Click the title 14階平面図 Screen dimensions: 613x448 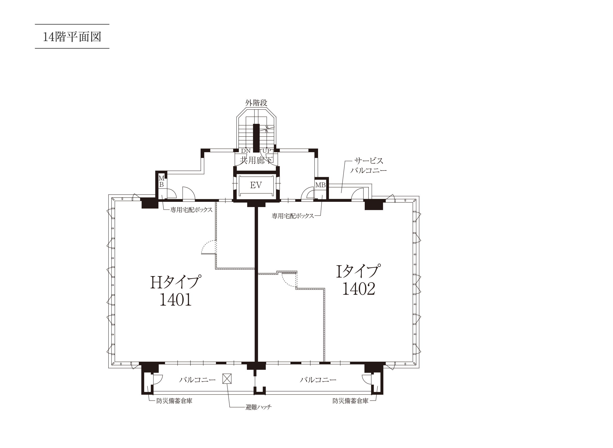pos(72,37)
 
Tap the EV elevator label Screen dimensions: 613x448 pos(256,185)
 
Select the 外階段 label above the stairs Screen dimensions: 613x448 pos(256,103)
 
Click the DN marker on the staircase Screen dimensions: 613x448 pos(246,151)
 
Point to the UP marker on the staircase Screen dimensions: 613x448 pos(267,151)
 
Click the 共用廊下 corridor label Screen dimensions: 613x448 pos(256,160)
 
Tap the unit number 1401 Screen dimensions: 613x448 pos(176,300)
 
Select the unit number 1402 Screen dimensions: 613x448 pos(359,289)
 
